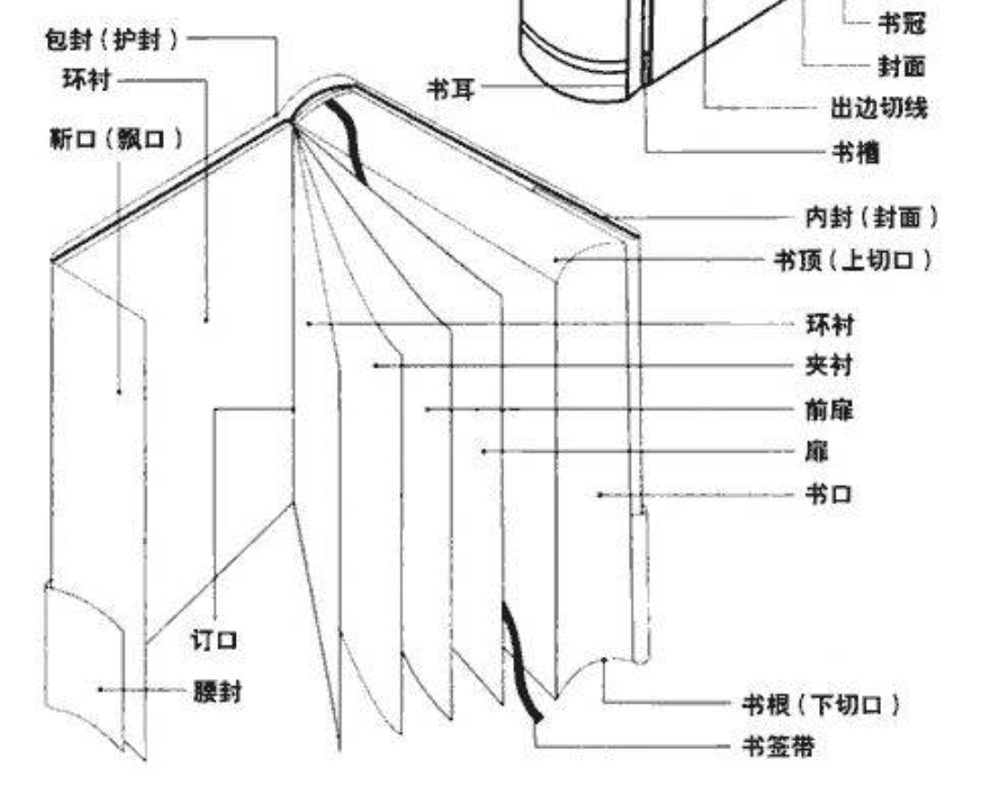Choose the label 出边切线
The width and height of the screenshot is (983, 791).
[878, 109]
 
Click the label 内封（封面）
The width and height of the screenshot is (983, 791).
[872, 218]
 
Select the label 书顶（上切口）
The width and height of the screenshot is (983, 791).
[853, 260]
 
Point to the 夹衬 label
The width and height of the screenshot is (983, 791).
[829, 366]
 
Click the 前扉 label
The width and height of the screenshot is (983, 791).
[829, 410]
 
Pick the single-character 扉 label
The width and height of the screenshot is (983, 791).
[817, 451]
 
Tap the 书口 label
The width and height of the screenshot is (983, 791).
[829, 494]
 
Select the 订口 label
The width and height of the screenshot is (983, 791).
[214, 640]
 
